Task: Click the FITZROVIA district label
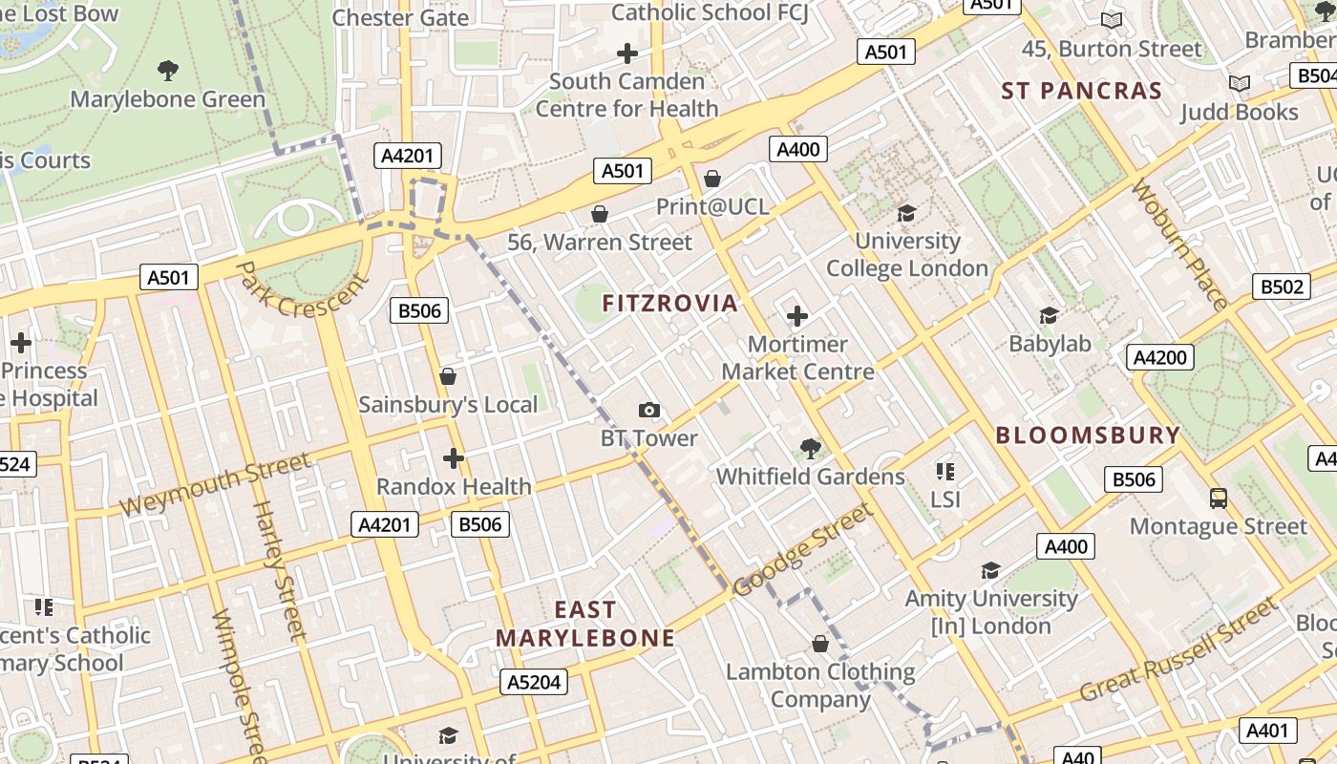[669, 304]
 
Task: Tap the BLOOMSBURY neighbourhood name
[1088, 435]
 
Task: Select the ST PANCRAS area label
[1081, 92]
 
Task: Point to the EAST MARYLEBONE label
[584, 624]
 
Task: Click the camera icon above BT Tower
[649, 411]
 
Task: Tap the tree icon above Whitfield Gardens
[810, 448]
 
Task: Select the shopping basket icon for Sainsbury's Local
[448, 377]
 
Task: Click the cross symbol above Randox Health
[454, 459]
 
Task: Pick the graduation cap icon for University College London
[906, 213]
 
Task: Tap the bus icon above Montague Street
[1219, 499]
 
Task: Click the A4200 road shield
[1160, 358]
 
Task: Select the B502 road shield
[1281, 286]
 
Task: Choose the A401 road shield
[1268, 731]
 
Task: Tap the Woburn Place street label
[1179, 244]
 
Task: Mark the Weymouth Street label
[216, 485]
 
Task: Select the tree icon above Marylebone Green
[168, 71]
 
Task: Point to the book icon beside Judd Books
[1240, 84]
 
